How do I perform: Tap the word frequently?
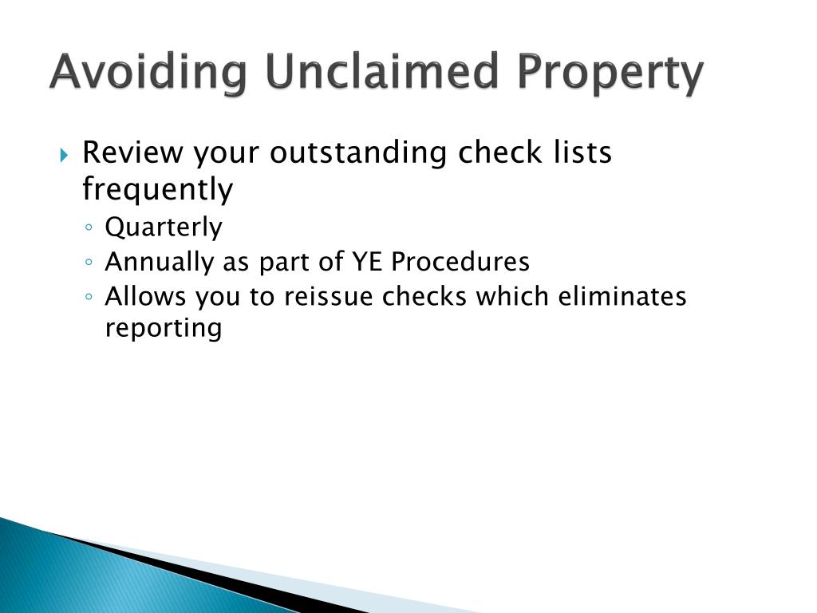(x=157, y=190)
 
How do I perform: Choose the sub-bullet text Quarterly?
(x=164, y=228)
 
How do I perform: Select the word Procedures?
(x=460, y=262)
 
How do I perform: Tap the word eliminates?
(x=622, y=296)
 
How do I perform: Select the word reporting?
(x=164, y=329)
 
